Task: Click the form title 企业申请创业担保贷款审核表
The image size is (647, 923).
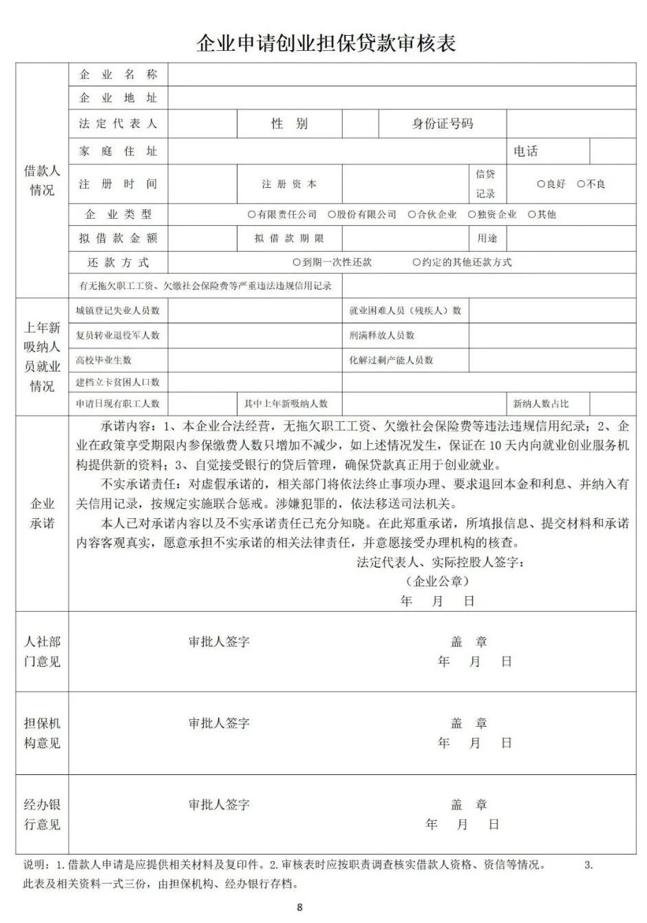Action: (x=326, y=43)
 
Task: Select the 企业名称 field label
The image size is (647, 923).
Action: (x=118, y=74)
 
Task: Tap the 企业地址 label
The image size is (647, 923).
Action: (x=118, y=98)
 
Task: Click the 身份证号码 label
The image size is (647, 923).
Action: (x=443, y=124)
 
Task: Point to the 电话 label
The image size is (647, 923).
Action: (x=525, y=151)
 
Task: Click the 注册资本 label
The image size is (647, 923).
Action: (x=289, y=184)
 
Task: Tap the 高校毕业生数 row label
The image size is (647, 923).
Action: (x=103, y=360)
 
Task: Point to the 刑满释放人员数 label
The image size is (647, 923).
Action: (x=382, y=335)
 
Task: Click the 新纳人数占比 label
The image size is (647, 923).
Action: (x=541, y=404)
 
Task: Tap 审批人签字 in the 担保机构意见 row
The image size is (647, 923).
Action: (x=219, y=723)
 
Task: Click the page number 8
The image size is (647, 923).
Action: (x=299, y=907)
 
